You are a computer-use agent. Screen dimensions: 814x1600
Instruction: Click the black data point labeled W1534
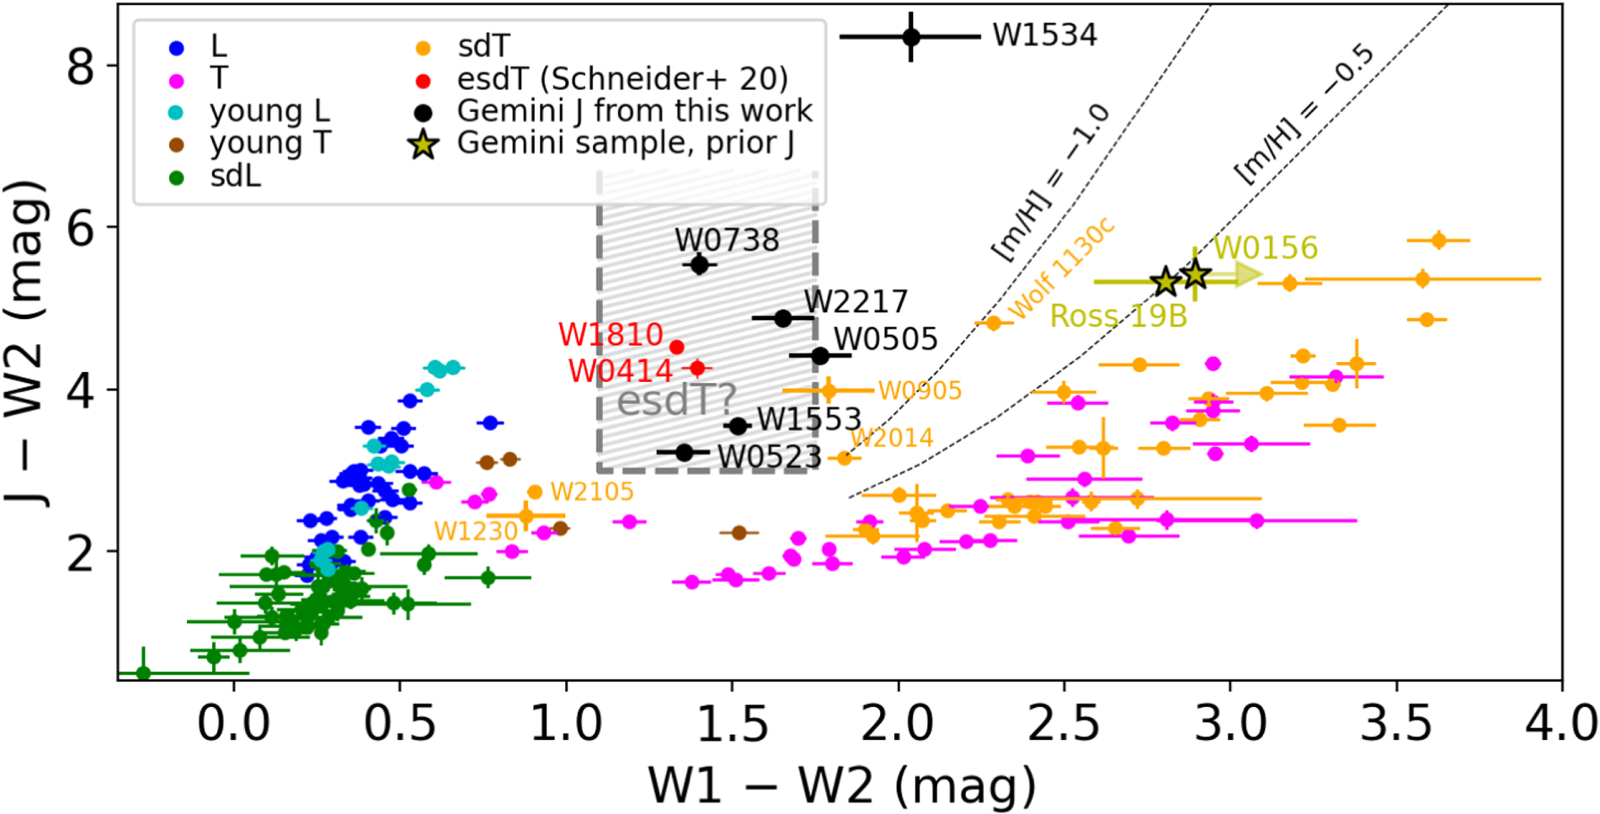click(911, 36)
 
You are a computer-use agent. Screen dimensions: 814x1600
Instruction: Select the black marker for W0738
click(699, 265)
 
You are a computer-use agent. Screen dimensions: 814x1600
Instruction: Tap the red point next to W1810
click(676, 347)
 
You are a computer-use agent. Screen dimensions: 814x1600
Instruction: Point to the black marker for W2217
click(782, 318)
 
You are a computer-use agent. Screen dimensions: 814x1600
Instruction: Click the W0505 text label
click(885, 339)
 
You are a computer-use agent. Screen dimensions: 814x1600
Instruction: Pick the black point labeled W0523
click(685, 452)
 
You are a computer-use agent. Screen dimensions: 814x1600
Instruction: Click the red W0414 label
click(620, 370)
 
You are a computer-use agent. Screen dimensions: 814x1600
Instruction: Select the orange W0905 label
click(920, 391)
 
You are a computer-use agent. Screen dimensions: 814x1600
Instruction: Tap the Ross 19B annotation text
click(1118, 316)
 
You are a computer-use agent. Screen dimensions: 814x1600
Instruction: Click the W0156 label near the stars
click(1265, 247)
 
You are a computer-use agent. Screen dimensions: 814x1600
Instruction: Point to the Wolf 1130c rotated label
click(1061, 269)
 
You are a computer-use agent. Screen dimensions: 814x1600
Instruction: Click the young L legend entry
click(269, 111)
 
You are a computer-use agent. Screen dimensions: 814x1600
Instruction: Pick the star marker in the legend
click(424, 144)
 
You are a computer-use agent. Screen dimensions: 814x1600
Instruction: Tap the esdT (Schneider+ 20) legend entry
click(622, 79)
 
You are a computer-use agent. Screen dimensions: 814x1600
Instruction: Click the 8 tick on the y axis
click(81, 66)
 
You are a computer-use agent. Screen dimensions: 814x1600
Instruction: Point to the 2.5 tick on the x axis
click(1064, 723)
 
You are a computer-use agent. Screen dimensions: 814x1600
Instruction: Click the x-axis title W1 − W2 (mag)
click(841, 786)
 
